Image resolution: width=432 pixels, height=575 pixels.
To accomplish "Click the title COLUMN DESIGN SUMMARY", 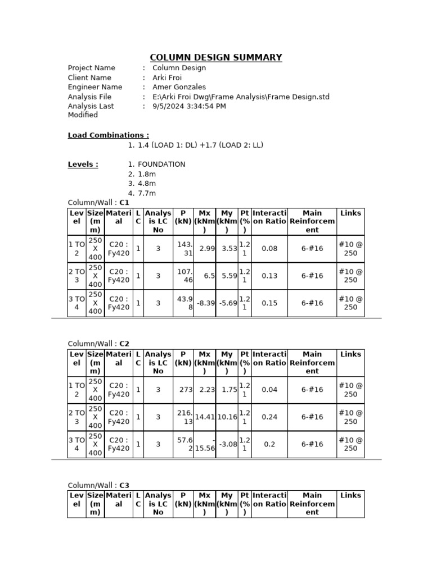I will pos(216,57).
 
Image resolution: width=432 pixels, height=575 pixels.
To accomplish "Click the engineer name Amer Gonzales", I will pos(179,87).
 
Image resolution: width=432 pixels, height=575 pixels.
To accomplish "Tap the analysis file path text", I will pos(241,97).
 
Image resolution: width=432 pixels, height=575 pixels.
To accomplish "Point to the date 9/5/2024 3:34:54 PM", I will pos(189,106).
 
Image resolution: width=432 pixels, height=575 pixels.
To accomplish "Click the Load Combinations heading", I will pos(109,135).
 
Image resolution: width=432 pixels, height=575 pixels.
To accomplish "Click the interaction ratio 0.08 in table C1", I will pos(269,249).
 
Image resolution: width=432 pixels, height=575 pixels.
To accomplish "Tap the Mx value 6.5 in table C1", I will pos(209,276).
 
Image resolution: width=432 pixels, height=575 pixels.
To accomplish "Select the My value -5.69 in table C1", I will pos(227,303).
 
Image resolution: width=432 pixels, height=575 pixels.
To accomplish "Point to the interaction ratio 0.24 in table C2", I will pos(269,417).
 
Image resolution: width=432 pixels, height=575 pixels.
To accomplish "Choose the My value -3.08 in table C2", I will pos(227,444).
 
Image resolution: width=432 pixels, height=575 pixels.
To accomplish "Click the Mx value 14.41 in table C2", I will pos(205,417).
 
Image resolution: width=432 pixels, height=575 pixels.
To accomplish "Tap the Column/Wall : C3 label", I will pos(98,485).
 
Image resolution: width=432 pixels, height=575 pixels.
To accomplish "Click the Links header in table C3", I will pos(350,495).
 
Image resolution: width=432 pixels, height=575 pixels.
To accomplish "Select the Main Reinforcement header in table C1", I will pos(312,221).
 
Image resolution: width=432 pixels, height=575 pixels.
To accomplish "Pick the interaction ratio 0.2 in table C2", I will pos(269,444).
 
